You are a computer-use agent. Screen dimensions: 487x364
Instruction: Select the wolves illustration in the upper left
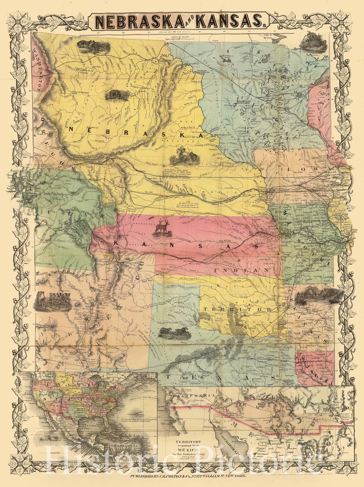click(x=90, y=46)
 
